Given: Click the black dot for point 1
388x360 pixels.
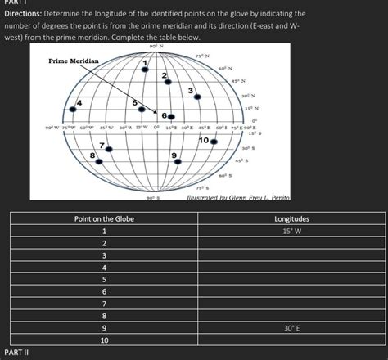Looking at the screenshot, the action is click(x=145, y=71).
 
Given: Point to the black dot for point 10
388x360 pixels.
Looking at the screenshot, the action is click(x=214, y=142).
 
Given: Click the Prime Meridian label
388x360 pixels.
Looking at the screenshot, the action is click(x=73, y=61).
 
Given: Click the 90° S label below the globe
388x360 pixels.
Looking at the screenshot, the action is click(x=152, y=198).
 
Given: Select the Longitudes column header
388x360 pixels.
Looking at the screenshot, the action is click(x=291, y=218).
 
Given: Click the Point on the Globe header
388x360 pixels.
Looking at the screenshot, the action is click(x=104, y=218).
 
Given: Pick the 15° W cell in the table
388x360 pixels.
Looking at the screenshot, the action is click(x=291, y=231).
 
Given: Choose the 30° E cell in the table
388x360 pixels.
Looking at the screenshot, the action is click(x=291, y=327).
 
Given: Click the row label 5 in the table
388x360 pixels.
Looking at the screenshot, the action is click(x=104, y=279).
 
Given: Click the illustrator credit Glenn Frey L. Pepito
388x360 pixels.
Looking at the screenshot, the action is click(x=238, y=199).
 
